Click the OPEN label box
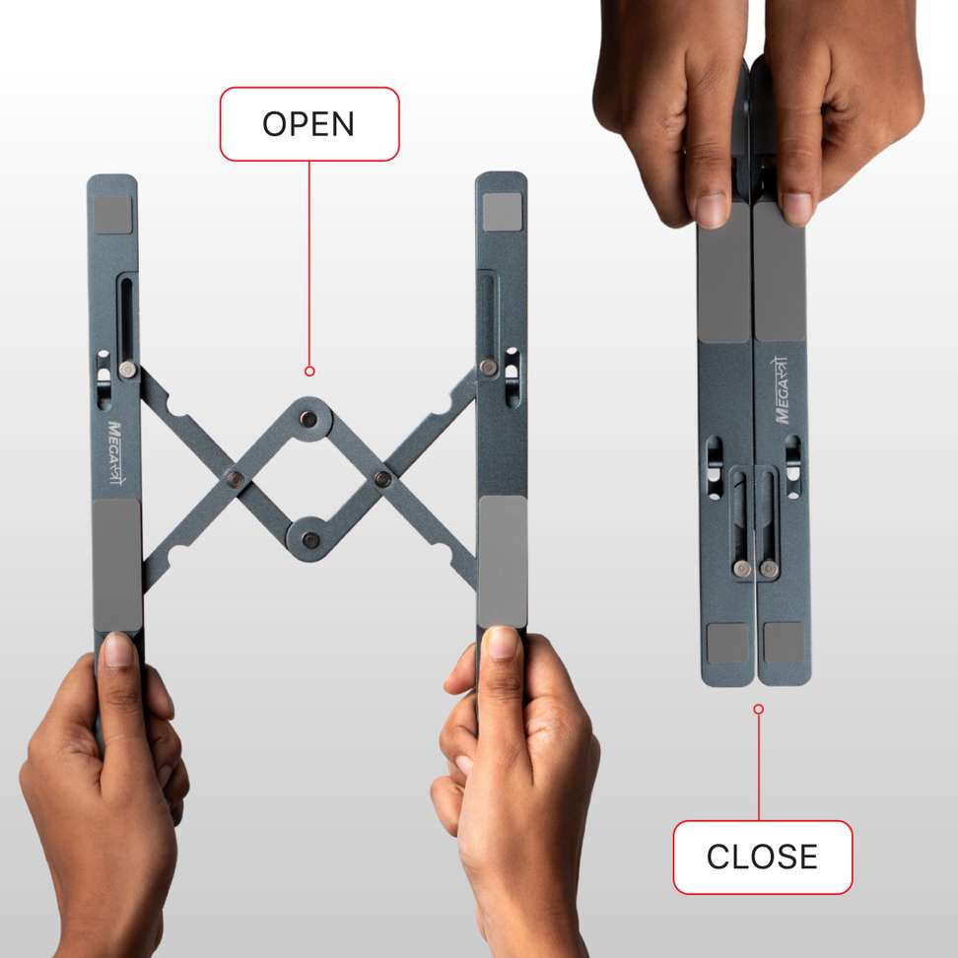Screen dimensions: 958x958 [x=308, y=124]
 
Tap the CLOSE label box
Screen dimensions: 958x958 [x=762, y=856]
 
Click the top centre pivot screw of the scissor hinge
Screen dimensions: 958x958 [x=309, y=419]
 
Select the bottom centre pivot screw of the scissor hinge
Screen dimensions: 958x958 [x=310, y=538]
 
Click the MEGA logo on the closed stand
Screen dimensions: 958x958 [x=784, y=390]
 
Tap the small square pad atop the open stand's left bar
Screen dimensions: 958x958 [x=114, y=214]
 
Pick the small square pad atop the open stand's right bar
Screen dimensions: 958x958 [x=501, y=209]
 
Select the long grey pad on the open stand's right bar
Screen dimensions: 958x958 [x=502, y=561]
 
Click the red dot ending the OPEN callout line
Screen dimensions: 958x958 [x=309, y=372]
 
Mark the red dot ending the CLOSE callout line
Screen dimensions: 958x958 [x=758, y=709]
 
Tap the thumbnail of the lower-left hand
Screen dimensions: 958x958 [x=118, y=650]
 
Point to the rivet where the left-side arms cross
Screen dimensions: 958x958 [x=234, y=479]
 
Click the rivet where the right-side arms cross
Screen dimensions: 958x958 [x=382, y=480]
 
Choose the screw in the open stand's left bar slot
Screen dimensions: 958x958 [x=127, y=369]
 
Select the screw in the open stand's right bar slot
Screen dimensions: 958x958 [x=487, y=367]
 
